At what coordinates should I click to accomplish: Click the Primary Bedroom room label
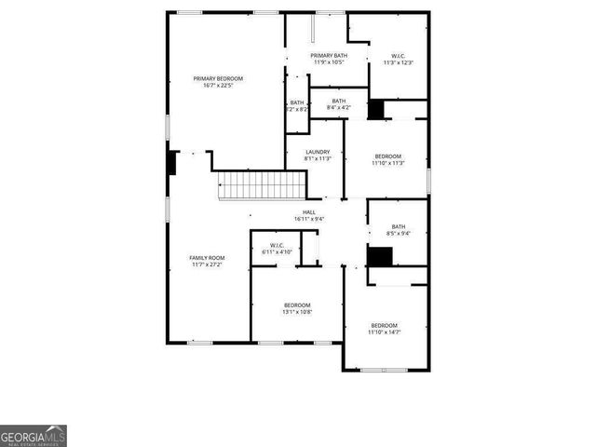pos(218,78)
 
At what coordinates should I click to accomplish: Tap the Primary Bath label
pos(329,56)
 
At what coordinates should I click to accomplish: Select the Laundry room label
pos(317,152)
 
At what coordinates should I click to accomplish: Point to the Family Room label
pos(207,258)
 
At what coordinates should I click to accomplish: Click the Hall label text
pos(308,212)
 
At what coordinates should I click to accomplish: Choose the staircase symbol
pos(262,185)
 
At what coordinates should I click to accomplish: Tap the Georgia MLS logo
pos(34,436)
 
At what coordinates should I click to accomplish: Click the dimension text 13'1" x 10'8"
pos(297,312)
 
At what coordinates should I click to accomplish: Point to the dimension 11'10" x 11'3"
pos(387,163)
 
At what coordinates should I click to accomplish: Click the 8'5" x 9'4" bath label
pos(399,234)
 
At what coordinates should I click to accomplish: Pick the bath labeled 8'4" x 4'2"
pos(338,108)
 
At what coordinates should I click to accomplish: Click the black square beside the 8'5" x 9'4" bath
pos(380,256)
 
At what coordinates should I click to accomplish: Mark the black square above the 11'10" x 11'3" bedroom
pos(376,109)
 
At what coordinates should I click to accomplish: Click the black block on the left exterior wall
pos(172,162)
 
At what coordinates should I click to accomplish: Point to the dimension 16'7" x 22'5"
pos(218,86)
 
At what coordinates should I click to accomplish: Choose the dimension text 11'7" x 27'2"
pos(207,265)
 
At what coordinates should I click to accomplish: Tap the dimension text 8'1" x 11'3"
pos(317,159)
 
